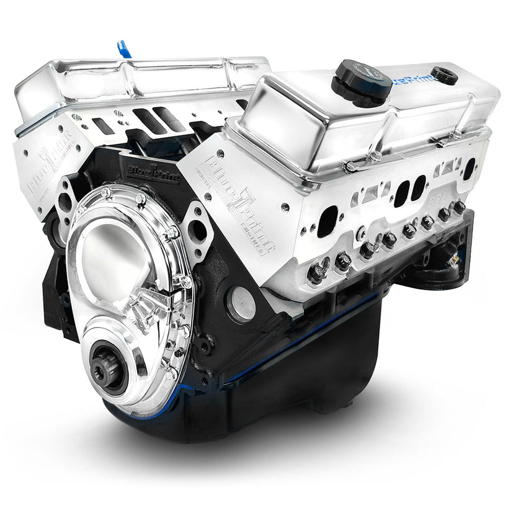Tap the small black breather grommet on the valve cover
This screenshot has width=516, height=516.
[444, 75]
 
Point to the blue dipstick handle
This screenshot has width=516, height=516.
[123, 49]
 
